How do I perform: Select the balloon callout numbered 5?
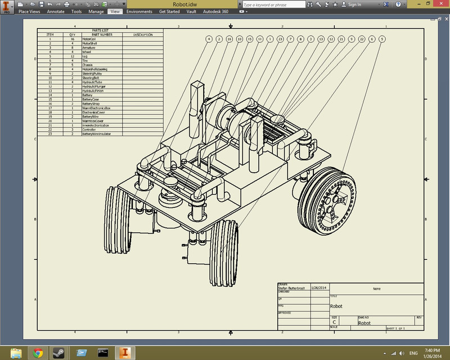(x=382, y=39)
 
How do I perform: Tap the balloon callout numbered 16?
(x=229, y=39)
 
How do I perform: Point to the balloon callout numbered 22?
(x=362, y=39)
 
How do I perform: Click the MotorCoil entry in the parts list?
(x=90, y=39)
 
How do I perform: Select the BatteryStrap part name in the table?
(x=92, y=104)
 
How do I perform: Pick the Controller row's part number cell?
(x=90, y=130)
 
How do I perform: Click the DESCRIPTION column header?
(x=143, y=35)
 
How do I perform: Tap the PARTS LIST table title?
(x=100, y=31)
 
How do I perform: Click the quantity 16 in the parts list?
(x=72, y=39)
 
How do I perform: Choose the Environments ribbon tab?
(x=139, y=11)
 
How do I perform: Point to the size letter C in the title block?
(x=334, y=322)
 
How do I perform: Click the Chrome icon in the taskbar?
(x=38, y=353)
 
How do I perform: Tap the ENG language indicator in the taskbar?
(x=413, y=353)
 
